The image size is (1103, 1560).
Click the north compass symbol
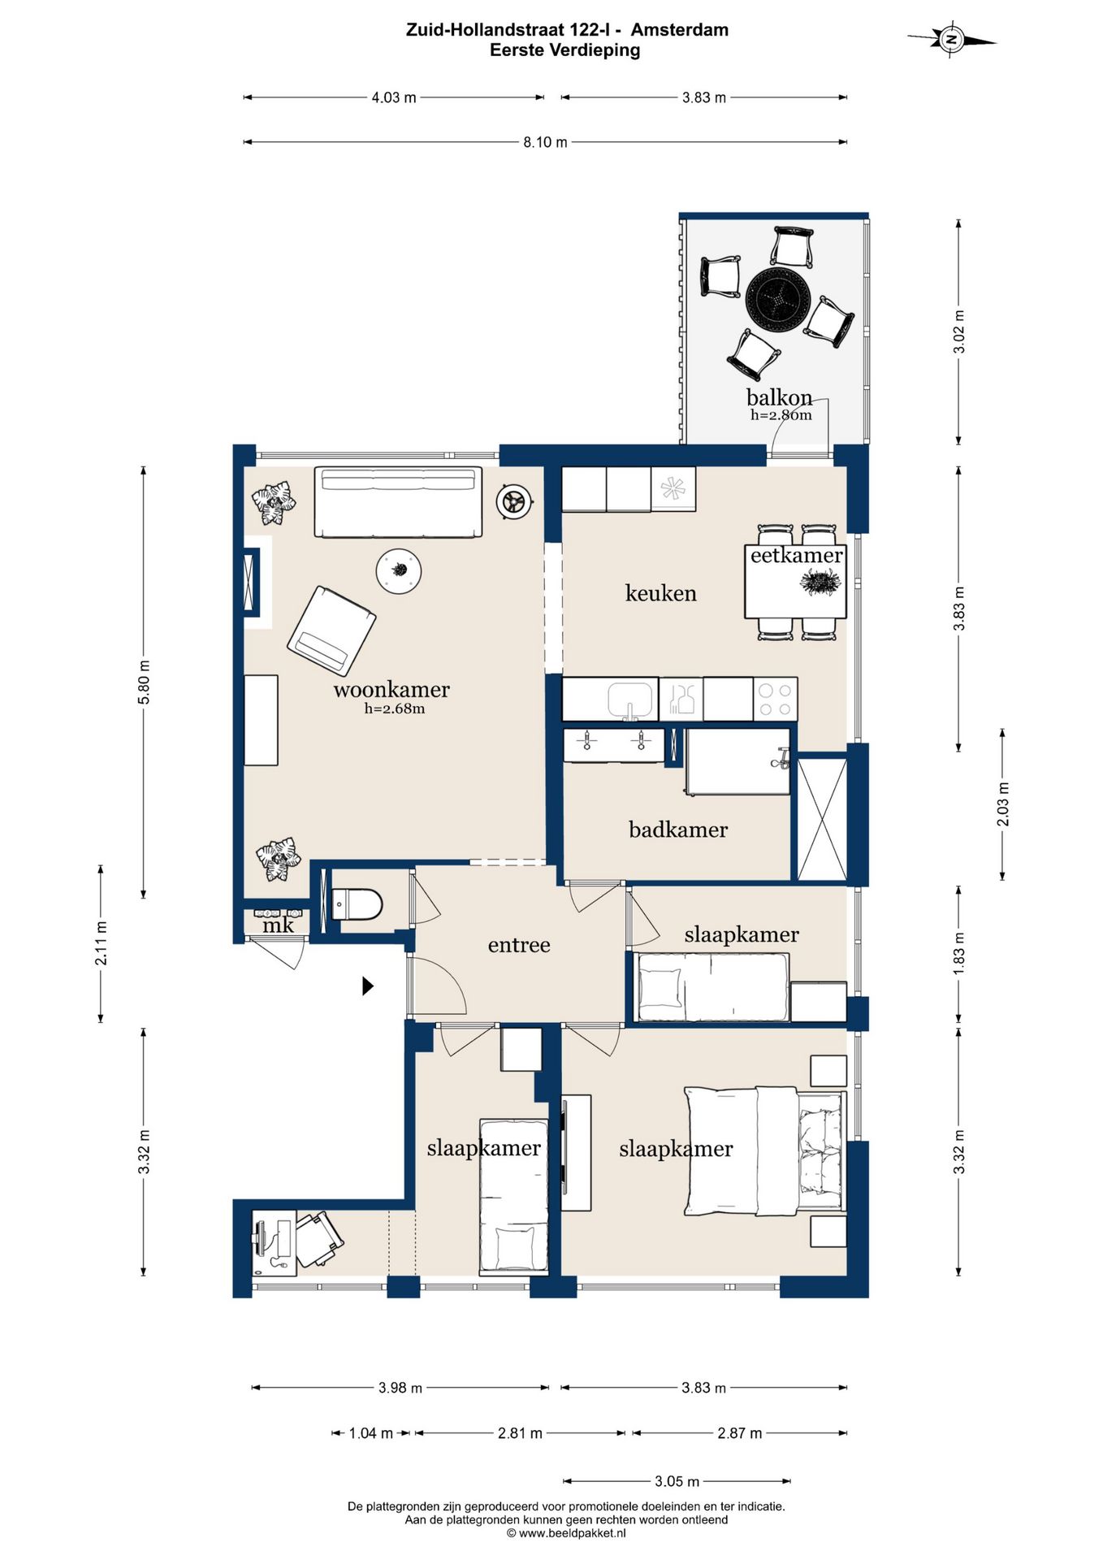[x=951, y=39]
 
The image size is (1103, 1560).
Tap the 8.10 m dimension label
[x=545, y=142]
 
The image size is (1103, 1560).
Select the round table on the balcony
[x=778, y=299]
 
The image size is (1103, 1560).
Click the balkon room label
[x=779, y=397]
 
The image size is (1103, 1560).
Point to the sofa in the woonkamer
[x=398, y=502]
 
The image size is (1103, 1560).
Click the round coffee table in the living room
[x=399, y=570]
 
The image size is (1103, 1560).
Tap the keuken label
[x=661, y=593]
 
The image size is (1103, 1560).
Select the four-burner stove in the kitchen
[x=775, y=700]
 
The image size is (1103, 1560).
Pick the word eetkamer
[x=796, y=555]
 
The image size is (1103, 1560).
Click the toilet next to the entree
[x=357, y=904]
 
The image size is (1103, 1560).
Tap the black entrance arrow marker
[x=368, y=986]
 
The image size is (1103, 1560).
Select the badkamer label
[x=678, y=830]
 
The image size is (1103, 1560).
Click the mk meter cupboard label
[x=278, y=925]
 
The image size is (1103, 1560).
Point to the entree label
[x=519, y=945]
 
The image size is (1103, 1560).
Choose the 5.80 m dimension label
[x=144, y=682]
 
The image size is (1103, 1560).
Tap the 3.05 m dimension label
[x=677, y=1481]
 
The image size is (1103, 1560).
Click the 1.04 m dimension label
[x=371, y=1433]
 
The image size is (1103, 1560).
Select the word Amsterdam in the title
[x=680, y=30]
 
